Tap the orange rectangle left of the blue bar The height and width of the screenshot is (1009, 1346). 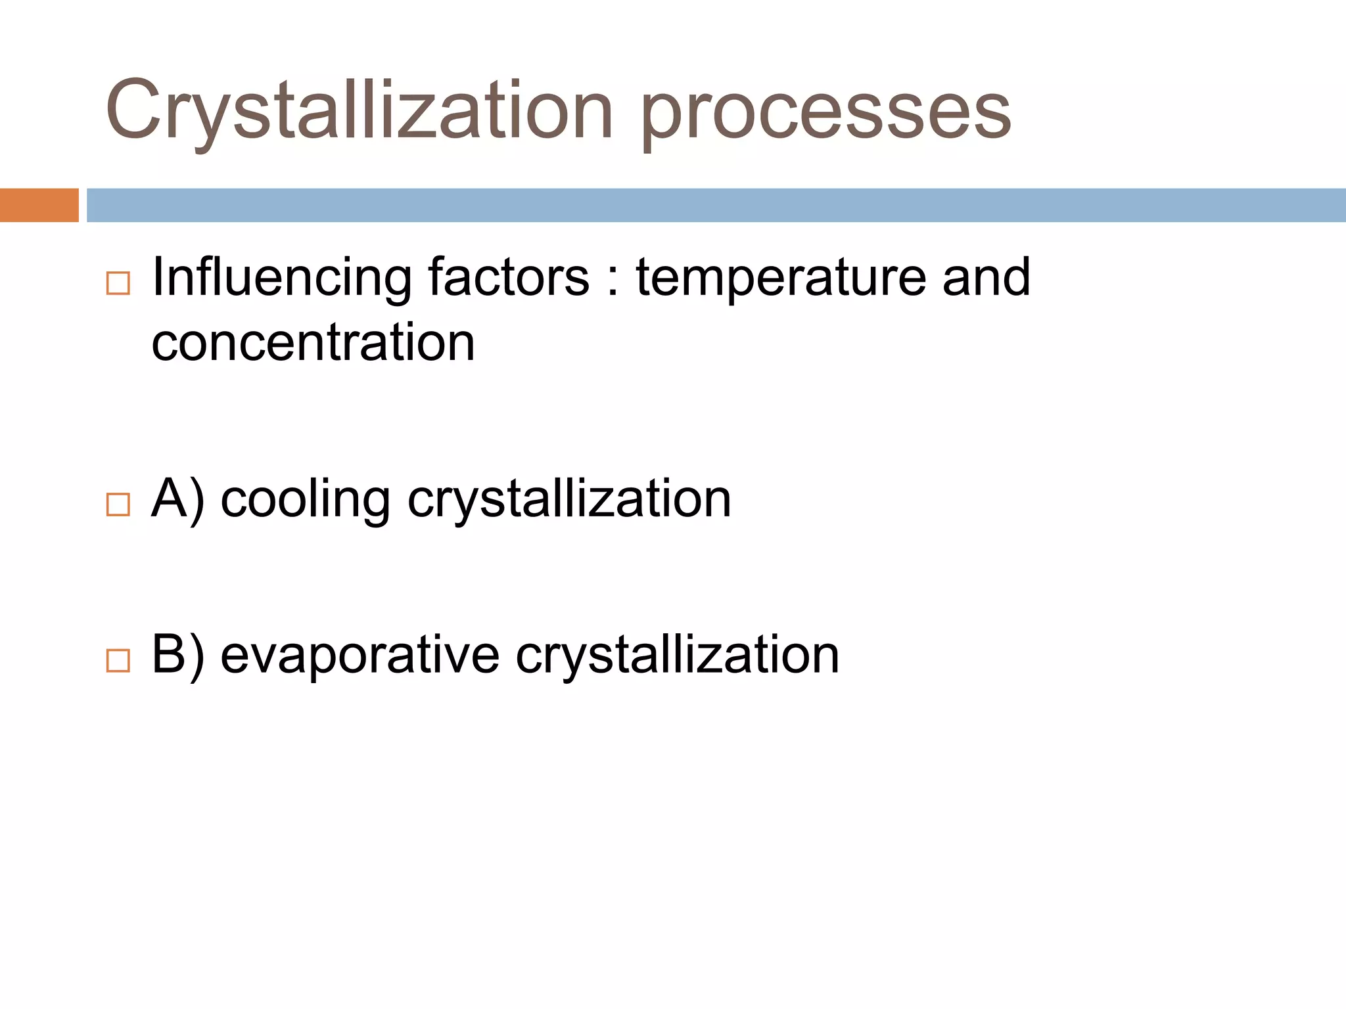[x=39, y=205]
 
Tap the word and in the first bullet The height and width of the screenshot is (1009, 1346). [x=986, y=277]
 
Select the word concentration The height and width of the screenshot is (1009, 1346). [x=313, y=343]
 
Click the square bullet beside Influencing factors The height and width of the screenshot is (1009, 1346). [x=118, y=284]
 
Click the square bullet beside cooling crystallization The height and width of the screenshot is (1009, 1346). [x=118, y=504]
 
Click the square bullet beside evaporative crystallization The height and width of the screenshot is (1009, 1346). [x=118, y=660]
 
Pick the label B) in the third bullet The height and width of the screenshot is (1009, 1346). [x=177, y=655]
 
